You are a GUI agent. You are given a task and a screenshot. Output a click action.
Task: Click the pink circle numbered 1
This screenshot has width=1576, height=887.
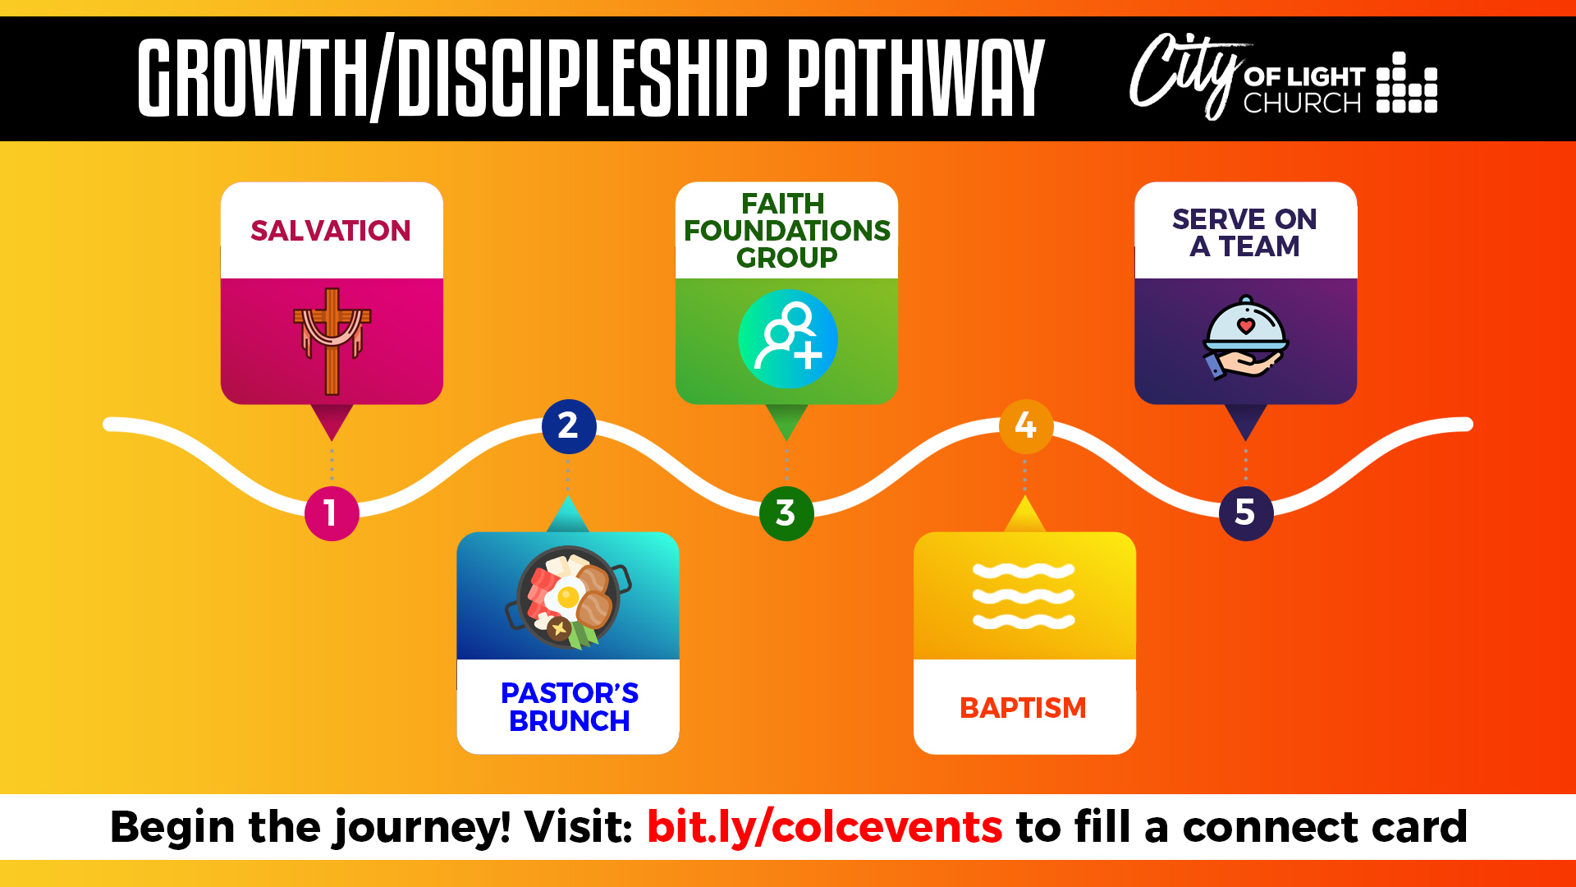click(332, 513)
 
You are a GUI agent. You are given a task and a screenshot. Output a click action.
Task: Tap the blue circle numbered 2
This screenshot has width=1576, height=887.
click(569, 426)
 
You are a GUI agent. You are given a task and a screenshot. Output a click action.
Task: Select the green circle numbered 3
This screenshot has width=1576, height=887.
click(786, 513)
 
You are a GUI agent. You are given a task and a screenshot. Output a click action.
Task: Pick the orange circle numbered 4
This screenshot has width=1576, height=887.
click(1026, 426)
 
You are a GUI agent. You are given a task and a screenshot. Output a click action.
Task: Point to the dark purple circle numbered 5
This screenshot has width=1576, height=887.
click(1246, 513)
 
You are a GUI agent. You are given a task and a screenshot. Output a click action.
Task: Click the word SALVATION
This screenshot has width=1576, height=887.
click(331, 231)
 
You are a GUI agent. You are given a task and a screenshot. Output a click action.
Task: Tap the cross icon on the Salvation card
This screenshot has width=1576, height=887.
click(332, 341)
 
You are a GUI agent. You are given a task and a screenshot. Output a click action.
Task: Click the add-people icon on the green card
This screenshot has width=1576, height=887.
click(788, 338)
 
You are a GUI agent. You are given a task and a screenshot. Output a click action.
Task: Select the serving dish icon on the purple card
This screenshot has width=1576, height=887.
click(1245, 338)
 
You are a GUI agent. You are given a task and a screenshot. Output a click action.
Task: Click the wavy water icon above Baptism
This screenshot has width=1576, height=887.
click(1024, 596)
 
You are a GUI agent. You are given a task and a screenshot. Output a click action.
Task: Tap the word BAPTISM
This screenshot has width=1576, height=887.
click(1023, 708)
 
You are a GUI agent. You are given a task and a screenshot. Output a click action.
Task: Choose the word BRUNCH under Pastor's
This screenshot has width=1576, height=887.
click(570, 721)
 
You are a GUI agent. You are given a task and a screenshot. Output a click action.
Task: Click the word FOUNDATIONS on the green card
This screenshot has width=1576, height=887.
click(787, 231)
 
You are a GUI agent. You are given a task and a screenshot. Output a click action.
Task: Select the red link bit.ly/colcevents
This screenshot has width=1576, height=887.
click(824, 827)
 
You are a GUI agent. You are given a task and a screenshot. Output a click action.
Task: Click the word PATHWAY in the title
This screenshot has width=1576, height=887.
click(916, 78)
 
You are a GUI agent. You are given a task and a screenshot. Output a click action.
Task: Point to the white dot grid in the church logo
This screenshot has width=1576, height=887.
click(1407, 83)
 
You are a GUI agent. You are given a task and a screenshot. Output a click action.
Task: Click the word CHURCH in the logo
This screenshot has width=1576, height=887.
click(1303, 103)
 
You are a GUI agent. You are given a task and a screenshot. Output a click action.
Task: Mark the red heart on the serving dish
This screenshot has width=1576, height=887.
click(1246, 326)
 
